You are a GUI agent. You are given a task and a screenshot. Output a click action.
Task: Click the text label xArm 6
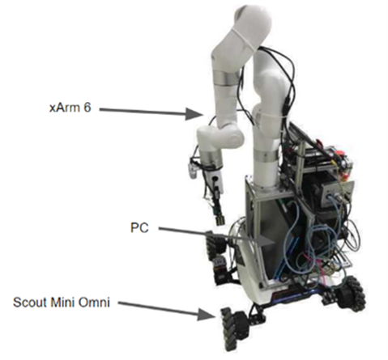(70, 108)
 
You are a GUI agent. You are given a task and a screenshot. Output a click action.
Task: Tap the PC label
(139, 228)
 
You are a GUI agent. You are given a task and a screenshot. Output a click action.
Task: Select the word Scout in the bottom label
(29, 303)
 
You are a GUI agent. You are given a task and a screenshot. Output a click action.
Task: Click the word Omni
(94, 303)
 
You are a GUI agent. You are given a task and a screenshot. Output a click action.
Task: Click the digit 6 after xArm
(87, 108)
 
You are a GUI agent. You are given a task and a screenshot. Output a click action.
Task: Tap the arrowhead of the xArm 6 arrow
(194, 113)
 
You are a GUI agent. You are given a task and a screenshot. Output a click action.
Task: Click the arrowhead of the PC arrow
(266, 241)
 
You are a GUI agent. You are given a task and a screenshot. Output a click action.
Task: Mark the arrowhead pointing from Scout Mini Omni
(207, 315)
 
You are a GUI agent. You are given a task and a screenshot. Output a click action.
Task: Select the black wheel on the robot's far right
(352, 293)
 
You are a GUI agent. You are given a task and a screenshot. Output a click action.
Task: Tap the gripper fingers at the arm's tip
(220, 218)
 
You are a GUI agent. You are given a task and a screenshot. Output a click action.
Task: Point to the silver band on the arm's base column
(266, 156)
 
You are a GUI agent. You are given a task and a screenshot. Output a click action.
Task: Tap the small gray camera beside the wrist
(193, 171)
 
